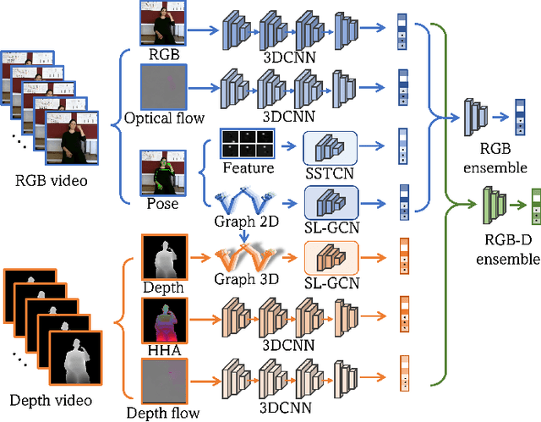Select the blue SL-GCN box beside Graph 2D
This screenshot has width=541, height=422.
click(x=331, y=204)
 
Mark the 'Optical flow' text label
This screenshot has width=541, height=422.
click(x=161, y=118)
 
